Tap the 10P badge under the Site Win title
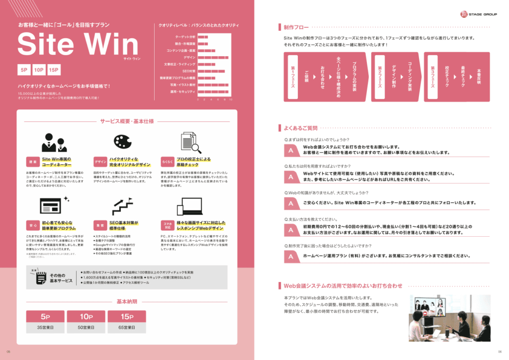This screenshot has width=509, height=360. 40,70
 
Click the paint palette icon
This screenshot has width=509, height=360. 122,142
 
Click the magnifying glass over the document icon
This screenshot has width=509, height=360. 195,148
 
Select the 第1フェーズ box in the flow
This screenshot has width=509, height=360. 293,77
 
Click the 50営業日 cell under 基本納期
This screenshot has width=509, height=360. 85,328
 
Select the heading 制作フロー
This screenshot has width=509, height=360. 296,27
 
